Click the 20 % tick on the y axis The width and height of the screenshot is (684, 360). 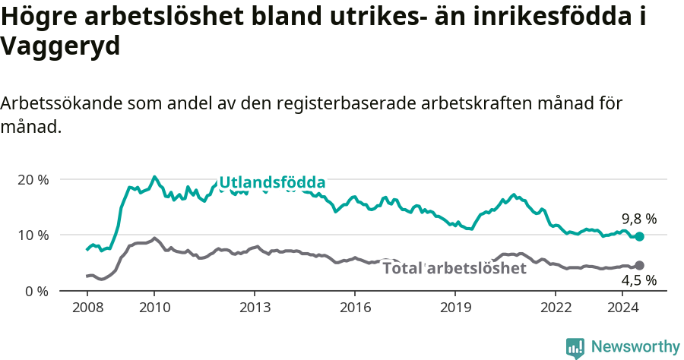point(32,180)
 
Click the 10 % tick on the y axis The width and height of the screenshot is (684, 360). point(32,235)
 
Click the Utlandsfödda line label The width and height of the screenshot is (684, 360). point(272,182)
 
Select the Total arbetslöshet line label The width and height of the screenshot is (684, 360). point(454,268)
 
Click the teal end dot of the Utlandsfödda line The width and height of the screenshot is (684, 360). point(639,237)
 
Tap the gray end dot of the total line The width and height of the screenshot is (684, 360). point(639,265)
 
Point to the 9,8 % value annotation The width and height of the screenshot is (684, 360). point(638,219)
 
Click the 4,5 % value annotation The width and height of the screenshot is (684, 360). point(638,281)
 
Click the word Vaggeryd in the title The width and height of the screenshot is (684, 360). point(61,47)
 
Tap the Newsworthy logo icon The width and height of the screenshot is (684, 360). point(575,347)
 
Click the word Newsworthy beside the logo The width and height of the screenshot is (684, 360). point(635,347)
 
